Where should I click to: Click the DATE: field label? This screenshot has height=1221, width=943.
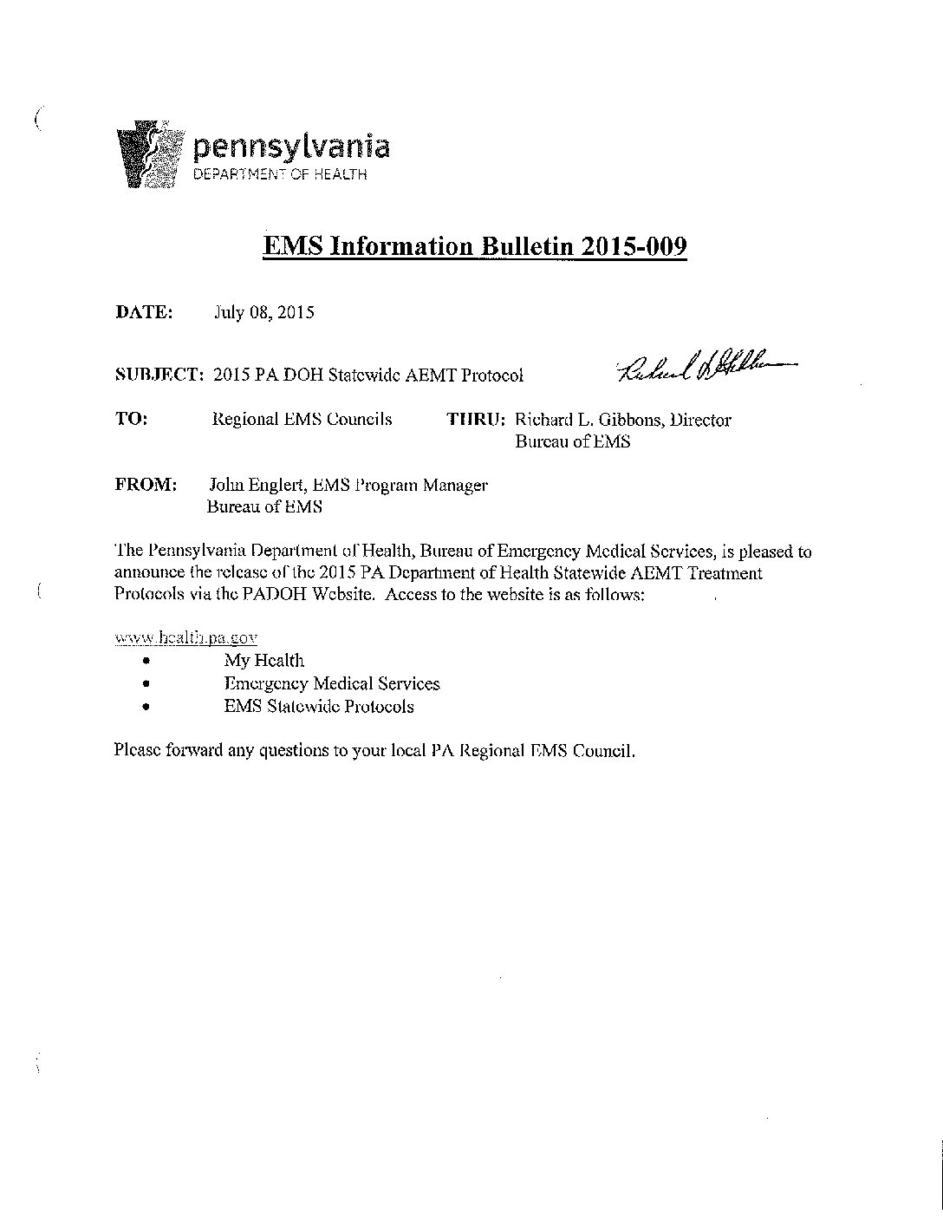point(144,312)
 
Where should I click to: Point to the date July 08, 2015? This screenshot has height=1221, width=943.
point(264,313)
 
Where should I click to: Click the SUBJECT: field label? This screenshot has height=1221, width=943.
point(159,375)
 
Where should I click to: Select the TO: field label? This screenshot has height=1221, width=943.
point(131,419)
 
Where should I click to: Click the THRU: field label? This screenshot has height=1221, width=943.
point(476,420)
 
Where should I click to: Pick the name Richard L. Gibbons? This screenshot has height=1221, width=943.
point(586,421)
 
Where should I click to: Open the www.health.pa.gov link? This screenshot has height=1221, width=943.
point(186,637)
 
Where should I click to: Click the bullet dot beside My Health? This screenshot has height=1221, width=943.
point(145,662)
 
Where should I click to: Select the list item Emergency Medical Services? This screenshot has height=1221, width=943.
point(331,683)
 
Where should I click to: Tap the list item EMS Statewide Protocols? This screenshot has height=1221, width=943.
point(318,706)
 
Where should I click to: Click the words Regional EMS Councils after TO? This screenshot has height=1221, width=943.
point(302,420)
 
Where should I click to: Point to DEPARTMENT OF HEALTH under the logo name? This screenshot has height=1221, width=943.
point(280,174)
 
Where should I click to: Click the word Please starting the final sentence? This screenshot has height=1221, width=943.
point(136,750)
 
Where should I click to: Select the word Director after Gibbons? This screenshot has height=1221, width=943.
point(699,421)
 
